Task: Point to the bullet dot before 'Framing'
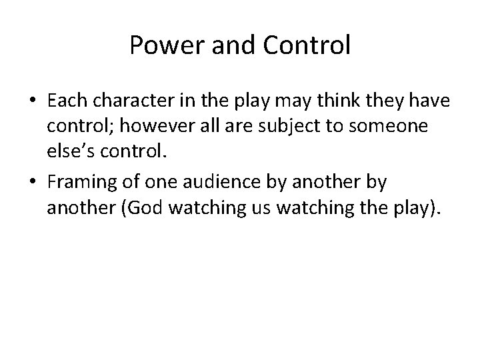(x=31, y=181)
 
